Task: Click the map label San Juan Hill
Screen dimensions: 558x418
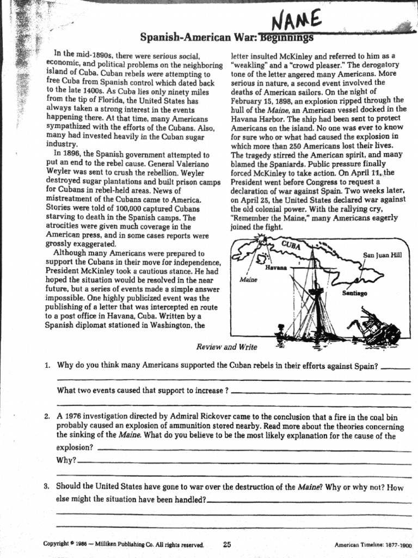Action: pos(382,254)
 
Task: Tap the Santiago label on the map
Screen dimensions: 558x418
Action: pos(354,293)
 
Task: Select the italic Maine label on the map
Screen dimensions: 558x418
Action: pos(248,280)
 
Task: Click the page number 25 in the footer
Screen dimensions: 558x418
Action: pos(228,543)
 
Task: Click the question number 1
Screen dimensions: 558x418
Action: pos(48,366)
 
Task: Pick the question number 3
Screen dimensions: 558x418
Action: pos(48,486)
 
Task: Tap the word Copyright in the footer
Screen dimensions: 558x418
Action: pos(58,544)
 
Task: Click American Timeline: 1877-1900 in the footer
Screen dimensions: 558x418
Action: pos(373,544)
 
